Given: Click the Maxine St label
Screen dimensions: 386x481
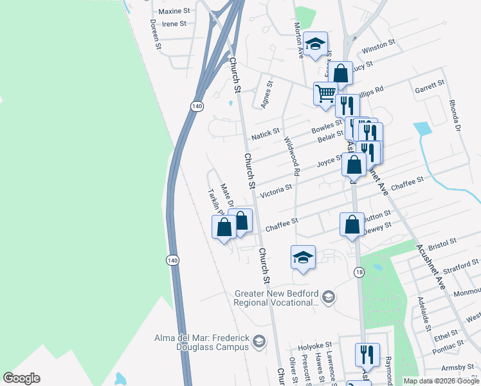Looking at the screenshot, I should (x=174, y=11).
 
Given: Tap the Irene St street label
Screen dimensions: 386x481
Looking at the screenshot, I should (x=174, y=24).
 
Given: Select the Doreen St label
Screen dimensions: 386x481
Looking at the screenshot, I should (x=154, y=34).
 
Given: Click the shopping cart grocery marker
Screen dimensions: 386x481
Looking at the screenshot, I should (x=325, y=93).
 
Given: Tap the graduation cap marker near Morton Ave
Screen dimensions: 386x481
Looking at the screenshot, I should (x=315, y=44).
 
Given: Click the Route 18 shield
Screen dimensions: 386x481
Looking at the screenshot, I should (x=359, y=274).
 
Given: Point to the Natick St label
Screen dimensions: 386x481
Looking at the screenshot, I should (x=266, y=133).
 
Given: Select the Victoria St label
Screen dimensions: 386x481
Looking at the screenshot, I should (x=275, y=190).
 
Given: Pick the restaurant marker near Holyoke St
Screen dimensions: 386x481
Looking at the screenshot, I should (x=367, y=354).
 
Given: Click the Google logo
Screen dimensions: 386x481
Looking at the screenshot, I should (x=21, y=378).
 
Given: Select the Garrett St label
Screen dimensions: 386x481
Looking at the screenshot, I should (x=430, y=85).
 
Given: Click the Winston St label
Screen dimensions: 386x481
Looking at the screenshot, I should (x=378, y=46).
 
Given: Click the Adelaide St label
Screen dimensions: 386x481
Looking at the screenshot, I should (x=424, y=314).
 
